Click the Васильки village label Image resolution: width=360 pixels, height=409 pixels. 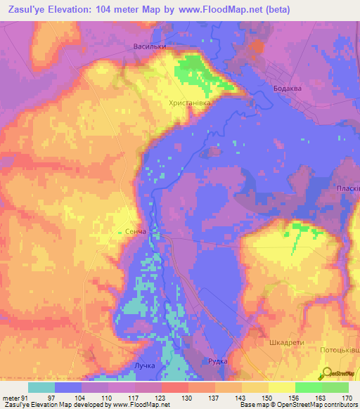click(x=149, y=48)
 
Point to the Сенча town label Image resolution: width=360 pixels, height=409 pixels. click(x=131, y=231)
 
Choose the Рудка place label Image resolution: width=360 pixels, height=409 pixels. click(x=218, y=361)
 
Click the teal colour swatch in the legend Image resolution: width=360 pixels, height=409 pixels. click(x=41, y=387)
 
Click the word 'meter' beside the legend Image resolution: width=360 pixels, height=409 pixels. click(x=10, y=397)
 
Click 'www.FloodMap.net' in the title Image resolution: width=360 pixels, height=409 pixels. click(x=217, y=10)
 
